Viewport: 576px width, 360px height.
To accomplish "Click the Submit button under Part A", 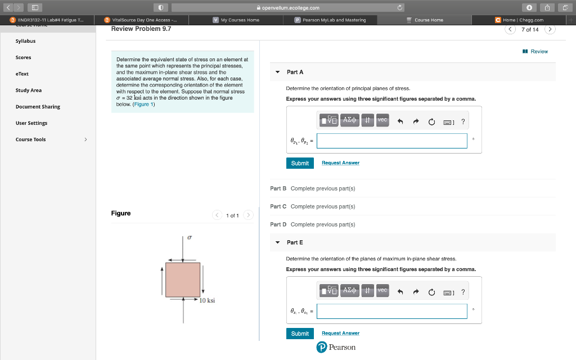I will point(300,163).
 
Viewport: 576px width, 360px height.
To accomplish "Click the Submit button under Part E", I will point(300,334).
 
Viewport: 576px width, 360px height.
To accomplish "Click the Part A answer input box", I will point(391,141).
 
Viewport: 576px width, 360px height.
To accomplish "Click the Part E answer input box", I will point(391,311).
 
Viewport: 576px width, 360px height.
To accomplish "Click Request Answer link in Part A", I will point(340,163).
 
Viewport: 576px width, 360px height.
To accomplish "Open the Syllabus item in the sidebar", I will point(25,41).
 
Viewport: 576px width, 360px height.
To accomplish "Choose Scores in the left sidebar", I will point(24,57).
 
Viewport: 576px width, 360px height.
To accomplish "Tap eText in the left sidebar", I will point(22,74).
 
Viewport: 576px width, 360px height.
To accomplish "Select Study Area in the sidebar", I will point(29,90).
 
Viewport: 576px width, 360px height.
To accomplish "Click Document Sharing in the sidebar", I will point(38,106).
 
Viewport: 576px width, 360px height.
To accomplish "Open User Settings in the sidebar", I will point(31,123).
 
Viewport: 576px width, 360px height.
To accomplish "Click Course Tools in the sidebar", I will point(31,139).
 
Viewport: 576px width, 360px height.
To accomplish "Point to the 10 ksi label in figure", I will point(207,301).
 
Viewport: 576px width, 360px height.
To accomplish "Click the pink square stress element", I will point(183,280).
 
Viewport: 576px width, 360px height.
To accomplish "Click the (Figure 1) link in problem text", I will point(143,105).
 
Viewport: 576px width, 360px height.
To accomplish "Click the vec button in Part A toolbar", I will point(382,120).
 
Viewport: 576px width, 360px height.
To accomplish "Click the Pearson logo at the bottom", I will point(336,348).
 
